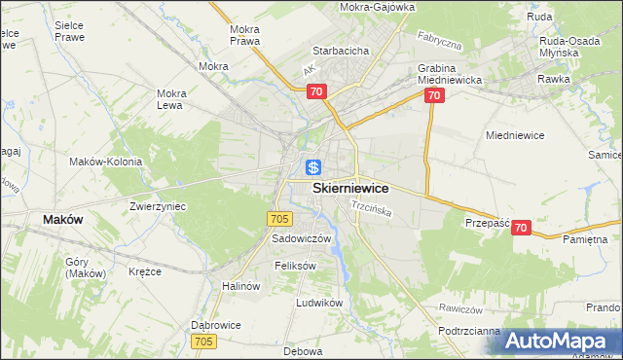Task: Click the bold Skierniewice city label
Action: tap(350, 189)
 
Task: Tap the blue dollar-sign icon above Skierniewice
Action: tap(313, 167)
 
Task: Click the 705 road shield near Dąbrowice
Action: tap(203, 341)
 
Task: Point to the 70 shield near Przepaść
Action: tap(521, 228)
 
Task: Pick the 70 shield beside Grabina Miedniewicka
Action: tap(434, 96)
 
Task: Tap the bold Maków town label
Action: tap(63, 220)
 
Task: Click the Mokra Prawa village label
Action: tap(243, 35)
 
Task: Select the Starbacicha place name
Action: tap(339, 50)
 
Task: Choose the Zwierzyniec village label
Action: tap(158, 206)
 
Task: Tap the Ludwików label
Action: tap(319, 303)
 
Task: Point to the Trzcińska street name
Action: tap(371, 209)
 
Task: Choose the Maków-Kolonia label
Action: tap(105, 162)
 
